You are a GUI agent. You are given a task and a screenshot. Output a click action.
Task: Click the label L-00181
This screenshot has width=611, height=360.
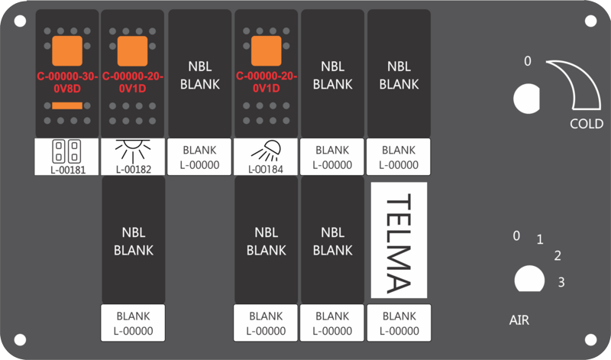68,170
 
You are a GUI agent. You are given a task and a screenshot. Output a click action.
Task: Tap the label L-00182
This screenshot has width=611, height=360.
133,170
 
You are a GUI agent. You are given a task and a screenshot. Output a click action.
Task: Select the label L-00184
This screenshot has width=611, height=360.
266,170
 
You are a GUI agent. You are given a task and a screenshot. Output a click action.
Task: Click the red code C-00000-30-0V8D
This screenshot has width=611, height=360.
67,83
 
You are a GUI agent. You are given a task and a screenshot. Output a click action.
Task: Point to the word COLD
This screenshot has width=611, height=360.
587,124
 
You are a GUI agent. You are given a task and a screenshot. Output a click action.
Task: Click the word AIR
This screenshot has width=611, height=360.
519,320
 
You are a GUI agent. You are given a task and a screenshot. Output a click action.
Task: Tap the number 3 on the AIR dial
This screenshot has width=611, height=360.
561,281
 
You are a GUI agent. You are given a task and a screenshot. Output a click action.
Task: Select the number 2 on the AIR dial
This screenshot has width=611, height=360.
558,255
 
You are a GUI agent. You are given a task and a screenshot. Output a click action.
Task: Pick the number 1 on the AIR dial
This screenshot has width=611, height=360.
540,239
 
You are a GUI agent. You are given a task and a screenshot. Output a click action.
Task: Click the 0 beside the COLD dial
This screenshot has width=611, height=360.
527,61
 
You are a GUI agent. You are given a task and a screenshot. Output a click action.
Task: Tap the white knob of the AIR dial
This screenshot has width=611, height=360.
529,279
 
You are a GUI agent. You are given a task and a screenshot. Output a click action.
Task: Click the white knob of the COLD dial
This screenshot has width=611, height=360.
526,99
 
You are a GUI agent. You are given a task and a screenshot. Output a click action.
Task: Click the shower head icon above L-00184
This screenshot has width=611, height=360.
267,151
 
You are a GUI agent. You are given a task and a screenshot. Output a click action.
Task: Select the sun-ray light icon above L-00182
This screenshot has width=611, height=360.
133,151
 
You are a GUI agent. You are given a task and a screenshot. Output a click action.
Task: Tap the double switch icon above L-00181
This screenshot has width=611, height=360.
66,151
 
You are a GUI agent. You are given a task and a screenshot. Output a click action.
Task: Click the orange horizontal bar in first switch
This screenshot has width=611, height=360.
67,105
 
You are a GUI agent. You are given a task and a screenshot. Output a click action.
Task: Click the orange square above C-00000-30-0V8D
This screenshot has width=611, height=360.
67,50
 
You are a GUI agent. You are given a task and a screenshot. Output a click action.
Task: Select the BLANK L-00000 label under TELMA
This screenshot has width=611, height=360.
399,323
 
